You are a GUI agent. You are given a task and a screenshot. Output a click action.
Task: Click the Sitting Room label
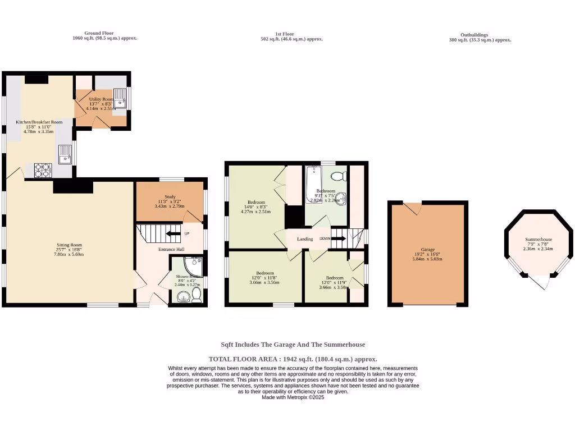pyautogui.click(x=69, y=245)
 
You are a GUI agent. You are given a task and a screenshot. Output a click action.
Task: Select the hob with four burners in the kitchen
pyautogui.click(x=43, y=170)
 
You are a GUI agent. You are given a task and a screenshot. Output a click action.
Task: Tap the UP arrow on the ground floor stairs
pyautogui.click(x=174, y=233)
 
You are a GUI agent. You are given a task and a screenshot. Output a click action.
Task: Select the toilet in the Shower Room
pyautogui.click(x=197, y=295)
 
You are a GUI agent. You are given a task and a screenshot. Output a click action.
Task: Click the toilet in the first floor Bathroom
pyautogui.click(x=339, y=177)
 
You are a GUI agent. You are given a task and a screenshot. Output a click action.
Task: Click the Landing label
pyautogui.click(x=305, y=239)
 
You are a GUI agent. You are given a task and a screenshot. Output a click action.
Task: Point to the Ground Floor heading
pyautogui.click(x=99, y=34)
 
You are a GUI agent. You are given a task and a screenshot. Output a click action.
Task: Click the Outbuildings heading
pyautogui.click(x=474, y=34)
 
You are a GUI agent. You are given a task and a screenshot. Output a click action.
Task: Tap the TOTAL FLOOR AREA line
pyautogui.click(x=293, y=359)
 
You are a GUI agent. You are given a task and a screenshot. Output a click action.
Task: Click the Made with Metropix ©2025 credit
pyautogui.click(x=293, y=397)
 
